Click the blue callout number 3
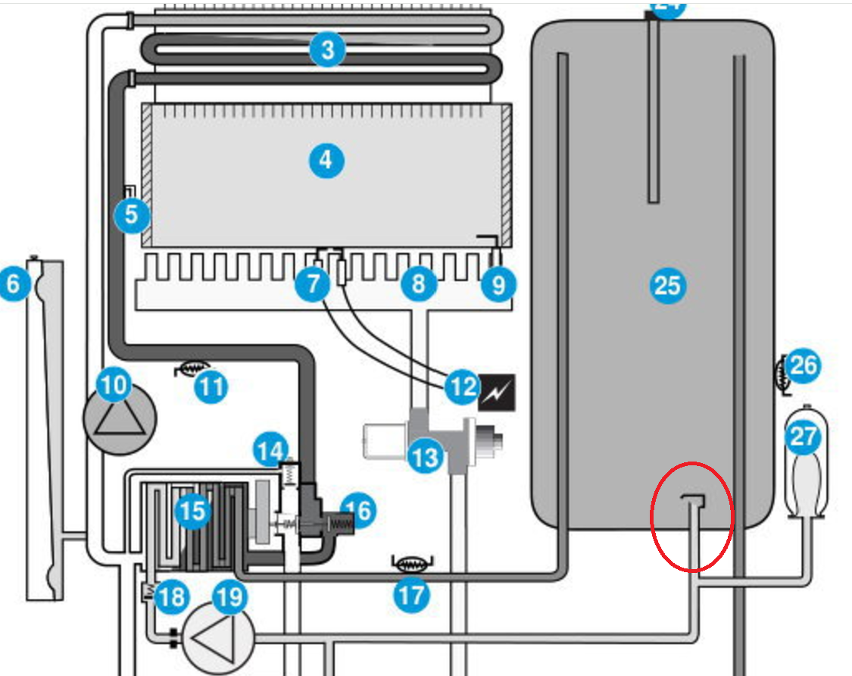[x=327, y=52]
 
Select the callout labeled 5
[x=132, y=215]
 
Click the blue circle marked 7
[x=313, y=286]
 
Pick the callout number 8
[x=419, y=285]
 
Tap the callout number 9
[x=498, y=286]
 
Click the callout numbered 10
[x=114, y=387]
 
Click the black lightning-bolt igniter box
[x=497, y=391]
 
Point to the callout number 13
[x=426, y=457]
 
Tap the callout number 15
[x=192, y=511]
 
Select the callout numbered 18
[x=171, y=598]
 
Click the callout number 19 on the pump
[x=229, y=598]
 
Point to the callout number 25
[x=667, y=286]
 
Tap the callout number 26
[x=803, y=367]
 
